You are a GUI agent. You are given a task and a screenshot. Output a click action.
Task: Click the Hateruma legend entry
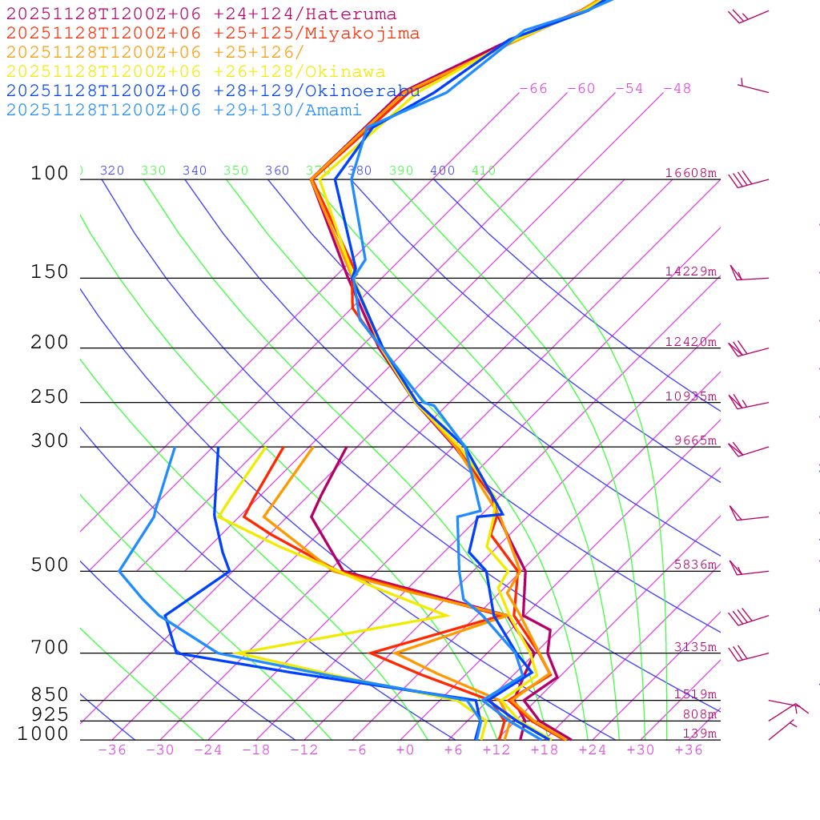(x=201, y=14)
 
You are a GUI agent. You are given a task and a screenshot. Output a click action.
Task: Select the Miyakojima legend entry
(x=213, y=34)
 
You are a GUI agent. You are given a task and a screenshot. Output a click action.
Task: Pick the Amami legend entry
(x=184, y=111)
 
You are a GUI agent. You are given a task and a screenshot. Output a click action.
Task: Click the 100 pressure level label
(x=50, y=174)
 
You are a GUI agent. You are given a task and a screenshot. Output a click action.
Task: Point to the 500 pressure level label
(x=50, y=565)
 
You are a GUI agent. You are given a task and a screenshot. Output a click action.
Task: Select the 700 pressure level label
(x=50, y=648)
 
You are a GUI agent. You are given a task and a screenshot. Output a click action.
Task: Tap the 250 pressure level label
(x=50, y=397)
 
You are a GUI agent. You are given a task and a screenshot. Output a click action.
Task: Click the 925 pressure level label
(x=50, y=714)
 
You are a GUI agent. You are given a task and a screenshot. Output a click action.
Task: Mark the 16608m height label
(x=691, y=173)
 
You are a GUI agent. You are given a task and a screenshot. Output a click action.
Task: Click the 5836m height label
(x=695, y=565)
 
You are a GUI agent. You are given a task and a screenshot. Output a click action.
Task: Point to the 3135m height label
(x=695, y=647)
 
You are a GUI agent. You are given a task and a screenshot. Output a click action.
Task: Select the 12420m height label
(x=691, y=342)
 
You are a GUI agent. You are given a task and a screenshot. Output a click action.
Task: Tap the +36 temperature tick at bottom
(x=689, y=750)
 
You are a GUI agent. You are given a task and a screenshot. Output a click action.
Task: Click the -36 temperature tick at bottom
(x=112, y=750)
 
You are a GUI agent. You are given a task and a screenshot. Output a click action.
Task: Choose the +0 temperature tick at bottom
(x=405, y=750)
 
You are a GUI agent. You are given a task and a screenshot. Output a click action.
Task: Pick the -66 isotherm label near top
(x=533, y=89)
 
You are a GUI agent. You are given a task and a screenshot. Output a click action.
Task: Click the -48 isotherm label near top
(x=677, y=89)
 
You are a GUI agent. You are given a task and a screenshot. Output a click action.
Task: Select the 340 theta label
(x=195, y=171)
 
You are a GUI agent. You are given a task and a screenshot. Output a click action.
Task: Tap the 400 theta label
(x=442, y=171)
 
